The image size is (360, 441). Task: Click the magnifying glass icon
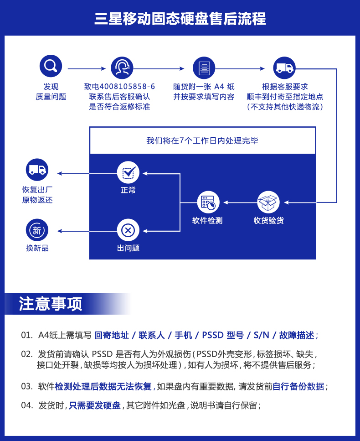(51, 67)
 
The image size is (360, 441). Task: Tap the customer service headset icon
(122, 68)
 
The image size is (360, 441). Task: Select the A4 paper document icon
(204, 68)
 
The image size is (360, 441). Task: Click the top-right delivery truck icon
(284, 68)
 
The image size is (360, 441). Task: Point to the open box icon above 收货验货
(268, 202)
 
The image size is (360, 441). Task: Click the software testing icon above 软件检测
(208, 202)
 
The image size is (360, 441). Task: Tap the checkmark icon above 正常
(128, 172)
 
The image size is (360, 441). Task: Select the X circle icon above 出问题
(128, 230)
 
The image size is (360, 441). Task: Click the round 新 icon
(37, 230)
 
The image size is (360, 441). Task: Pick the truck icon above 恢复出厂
(37, 170)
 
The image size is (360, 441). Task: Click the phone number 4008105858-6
(127, 86)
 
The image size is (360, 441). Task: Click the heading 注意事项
(51, 304)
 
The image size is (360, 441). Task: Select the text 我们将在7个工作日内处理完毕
(202, 140)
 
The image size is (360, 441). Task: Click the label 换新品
(37, 248)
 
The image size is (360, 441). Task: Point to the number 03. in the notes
(27, 386)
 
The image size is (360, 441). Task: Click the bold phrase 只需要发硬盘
(95, 405)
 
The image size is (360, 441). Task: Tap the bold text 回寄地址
(111, 335)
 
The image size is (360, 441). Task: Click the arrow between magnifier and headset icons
(86, 68)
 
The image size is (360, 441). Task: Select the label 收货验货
(268, 221)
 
